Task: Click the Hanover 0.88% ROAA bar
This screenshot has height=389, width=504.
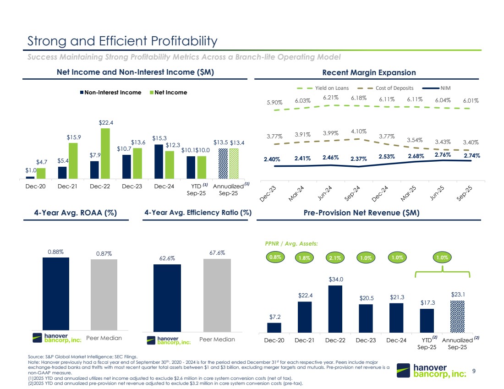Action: pos(55,293)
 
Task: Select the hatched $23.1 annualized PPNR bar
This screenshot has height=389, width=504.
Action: pos(458,317)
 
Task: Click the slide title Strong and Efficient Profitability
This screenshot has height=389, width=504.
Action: pos(122,41)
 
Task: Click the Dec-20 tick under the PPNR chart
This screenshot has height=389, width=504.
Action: pos(274,340)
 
